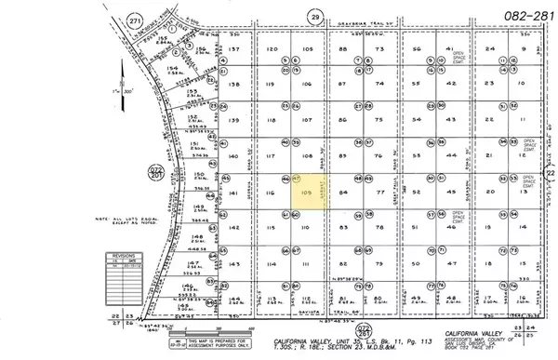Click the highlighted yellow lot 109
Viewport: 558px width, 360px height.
[x=307, y=192]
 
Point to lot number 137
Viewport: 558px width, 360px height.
[x=234, y=48]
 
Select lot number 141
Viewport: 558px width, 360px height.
[x=234, y=193]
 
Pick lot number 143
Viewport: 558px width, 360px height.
[x=234, y=265]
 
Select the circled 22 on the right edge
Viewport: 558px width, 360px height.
[x=550, y=173]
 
